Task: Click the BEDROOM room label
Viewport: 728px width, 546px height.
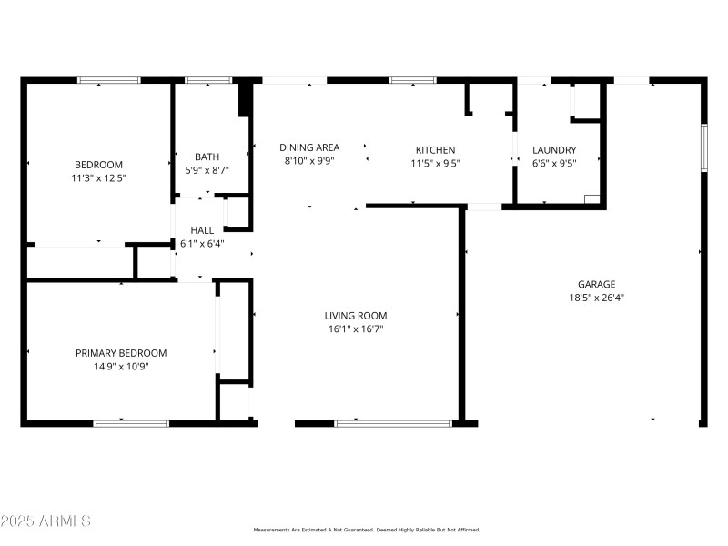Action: [98, 164]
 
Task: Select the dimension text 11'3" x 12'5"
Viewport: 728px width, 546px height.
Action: [98, 178]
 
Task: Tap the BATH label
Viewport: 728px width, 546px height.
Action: [207, 157]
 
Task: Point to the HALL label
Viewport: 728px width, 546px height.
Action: [201, 230]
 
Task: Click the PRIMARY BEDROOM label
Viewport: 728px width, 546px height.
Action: [121, 353]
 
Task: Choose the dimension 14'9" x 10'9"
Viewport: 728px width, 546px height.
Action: [121, 367]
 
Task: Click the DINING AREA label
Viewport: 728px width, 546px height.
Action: [309, 147]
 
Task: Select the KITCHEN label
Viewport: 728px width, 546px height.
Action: [435, 150]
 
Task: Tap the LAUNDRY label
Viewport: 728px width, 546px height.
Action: [554, 150]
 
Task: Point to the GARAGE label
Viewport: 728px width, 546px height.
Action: [596, 284]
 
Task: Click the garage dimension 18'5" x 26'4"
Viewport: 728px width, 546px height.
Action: [596, 298]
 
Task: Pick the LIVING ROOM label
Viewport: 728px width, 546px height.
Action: [356, 316]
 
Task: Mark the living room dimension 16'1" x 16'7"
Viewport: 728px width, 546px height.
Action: [356, 329]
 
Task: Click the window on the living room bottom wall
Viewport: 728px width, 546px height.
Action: [393, 423]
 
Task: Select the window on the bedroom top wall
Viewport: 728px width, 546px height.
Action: [109, 80]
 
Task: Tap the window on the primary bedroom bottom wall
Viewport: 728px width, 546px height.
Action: [131, 423]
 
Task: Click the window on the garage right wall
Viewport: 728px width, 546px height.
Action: [703, 147]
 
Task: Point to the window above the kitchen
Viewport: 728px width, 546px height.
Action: [412, 80]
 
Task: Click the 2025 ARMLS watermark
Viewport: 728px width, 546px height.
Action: [46, 521]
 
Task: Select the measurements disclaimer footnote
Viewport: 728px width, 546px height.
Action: [366, 530]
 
